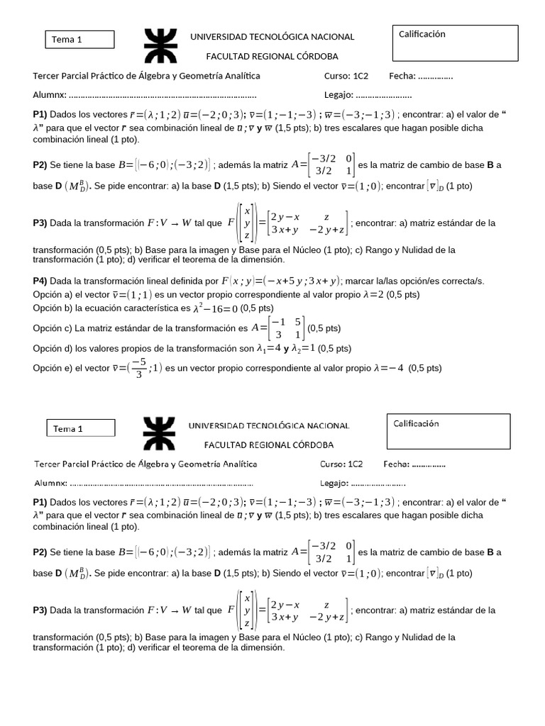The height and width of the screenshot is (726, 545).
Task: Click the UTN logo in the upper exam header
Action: [165, 46]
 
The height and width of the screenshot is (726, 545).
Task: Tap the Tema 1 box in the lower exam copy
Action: [80, 428]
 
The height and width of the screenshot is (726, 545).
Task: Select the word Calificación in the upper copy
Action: [422, 34]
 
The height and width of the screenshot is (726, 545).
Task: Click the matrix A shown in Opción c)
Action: [278, 328]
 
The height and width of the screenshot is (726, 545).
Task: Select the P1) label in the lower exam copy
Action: [40, 502]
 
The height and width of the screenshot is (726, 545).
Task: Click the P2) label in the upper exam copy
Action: [40, 165]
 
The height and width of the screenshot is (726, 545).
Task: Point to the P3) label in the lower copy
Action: [40, 610]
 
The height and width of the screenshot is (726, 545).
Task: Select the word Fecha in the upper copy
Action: [402, 76]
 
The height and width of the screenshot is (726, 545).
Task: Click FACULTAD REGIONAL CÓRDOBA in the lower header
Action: [269, 445]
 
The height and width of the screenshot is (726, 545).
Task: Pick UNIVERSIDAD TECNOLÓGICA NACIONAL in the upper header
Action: [272, 37]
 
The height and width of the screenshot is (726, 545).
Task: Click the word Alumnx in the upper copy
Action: [50, 95]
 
